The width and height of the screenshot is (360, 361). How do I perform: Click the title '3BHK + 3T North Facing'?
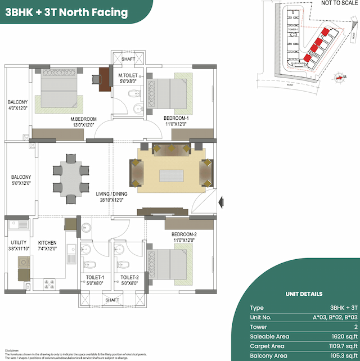66,12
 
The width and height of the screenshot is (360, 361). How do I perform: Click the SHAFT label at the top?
128,58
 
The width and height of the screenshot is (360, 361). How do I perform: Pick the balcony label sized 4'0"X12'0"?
18,105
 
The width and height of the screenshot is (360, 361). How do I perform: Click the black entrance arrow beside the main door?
222,200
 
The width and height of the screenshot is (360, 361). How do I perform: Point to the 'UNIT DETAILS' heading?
304,294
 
